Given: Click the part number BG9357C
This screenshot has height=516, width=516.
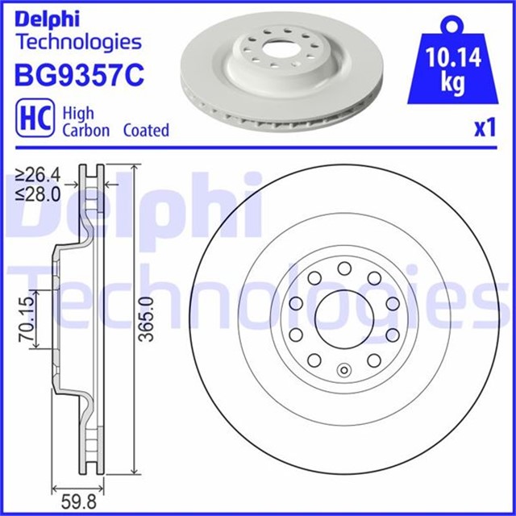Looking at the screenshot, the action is pos(79,75).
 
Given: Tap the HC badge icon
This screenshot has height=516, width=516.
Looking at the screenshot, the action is pos(35,118).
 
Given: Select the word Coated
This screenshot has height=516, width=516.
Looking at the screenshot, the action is pos(146,131).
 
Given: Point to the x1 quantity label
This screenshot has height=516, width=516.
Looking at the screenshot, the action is pos(485,128).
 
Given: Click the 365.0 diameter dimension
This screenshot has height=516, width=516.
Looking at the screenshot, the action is pos(146,319).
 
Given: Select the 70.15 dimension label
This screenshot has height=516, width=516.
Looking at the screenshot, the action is pos(27,318).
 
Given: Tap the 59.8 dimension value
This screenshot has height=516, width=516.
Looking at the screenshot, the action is pos(79,502).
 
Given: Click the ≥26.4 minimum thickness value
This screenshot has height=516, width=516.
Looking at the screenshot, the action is pos(39,175).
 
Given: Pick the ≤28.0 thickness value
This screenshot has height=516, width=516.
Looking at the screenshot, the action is pos(39,195).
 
